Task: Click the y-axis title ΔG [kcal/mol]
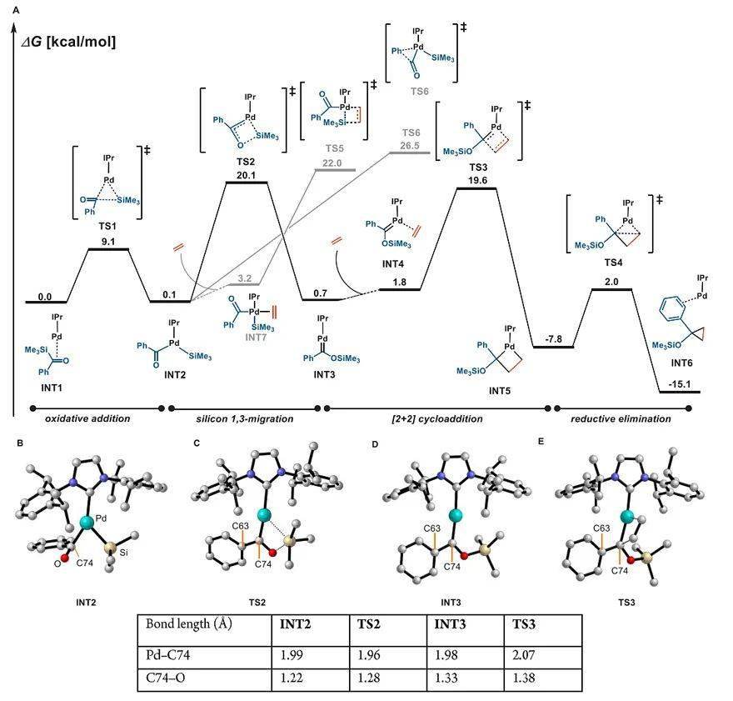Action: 68,40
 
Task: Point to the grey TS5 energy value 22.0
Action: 333,163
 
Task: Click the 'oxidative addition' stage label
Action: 87,418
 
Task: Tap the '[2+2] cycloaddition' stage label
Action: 433,418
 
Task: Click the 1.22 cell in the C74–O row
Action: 300,678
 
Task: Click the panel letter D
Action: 374,442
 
